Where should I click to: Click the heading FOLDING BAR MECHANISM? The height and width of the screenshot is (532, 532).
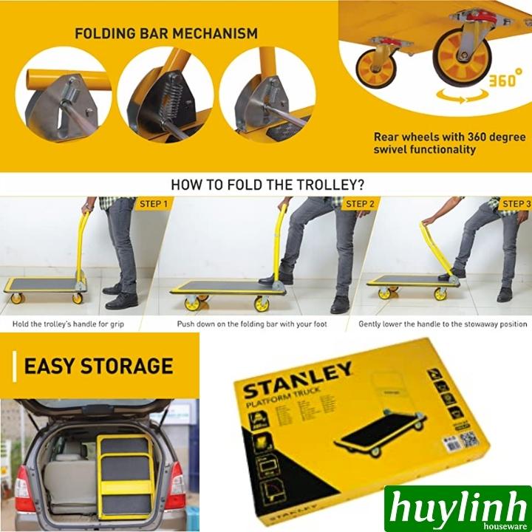coord(166,33)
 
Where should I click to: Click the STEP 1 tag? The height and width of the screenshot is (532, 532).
coord(153,204)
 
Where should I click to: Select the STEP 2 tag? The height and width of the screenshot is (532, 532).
coord(359,204)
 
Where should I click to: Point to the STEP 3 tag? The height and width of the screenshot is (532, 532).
coord(516,204)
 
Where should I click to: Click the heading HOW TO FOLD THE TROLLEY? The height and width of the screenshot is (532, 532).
coord(267,185)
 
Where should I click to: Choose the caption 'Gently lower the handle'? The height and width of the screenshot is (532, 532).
coord(443,324)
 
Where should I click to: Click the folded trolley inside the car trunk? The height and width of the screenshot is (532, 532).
coord(126,477)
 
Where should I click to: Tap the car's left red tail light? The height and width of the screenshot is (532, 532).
coord(23,491)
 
